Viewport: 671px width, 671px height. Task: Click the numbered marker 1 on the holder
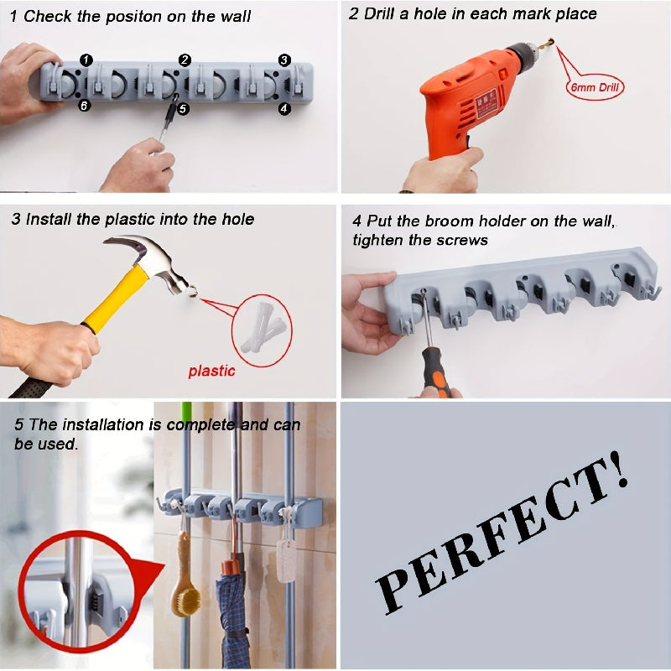(x=87, y=59)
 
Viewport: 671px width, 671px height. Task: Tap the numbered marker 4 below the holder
(x=284, y=108)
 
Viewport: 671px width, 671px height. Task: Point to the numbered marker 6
(x=85, y=106)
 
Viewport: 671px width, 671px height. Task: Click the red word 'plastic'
(x=212, y=371)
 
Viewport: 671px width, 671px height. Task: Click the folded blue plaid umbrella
(x=232, y=612)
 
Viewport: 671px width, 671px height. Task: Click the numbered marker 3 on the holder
(x=284, y=60)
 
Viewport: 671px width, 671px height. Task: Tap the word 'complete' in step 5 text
(x=204, y=424)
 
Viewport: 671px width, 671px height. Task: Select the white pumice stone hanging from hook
(x=287, y=559)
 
